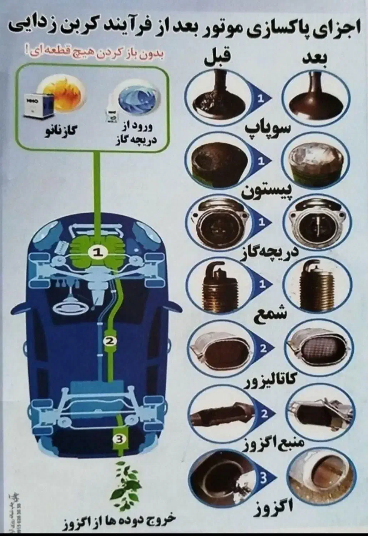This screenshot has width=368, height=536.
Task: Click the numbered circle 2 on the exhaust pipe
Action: point(110,341)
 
